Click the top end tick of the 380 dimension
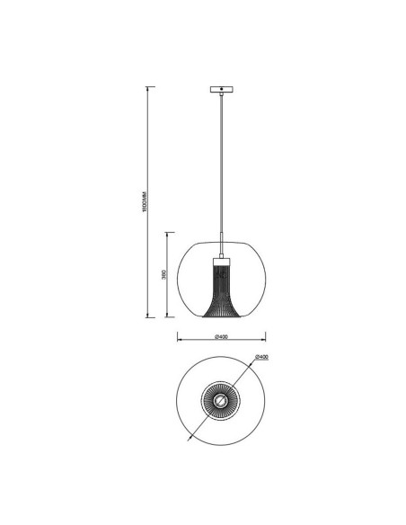point(170,232)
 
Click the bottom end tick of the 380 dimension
point(170,317)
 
